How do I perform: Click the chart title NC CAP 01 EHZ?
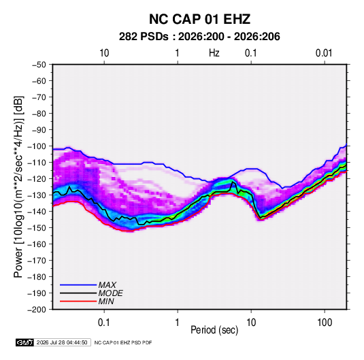coord(199,19)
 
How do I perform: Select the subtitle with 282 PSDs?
coord(199,37)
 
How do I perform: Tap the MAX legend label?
coord(107,284)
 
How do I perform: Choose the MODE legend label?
coord(110,293)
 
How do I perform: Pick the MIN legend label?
coord(106,301)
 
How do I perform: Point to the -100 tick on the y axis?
coord(37,146)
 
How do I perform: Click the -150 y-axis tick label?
coord(37,228)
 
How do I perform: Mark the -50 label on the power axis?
coord(39,65)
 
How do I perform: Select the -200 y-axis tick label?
coord(37,310)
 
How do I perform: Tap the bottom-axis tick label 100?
coord(325,323)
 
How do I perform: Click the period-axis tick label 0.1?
coord(104,323)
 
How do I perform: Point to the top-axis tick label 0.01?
coord(324,53)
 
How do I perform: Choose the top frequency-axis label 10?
coord(104,53)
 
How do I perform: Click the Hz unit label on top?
coord(214,53)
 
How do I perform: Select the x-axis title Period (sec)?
coord(214,330)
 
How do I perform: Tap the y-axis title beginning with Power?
coord(18,186)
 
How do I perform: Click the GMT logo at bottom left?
coord(25,342)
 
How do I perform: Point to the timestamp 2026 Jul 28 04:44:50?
coord(62,342)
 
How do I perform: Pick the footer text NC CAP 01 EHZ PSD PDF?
coord(123,342)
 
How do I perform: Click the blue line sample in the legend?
coord(78,285)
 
